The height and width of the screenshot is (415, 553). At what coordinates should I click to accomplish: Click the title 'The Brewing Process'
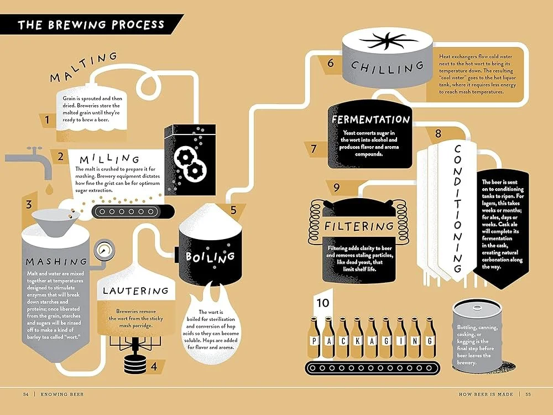pos(91,25)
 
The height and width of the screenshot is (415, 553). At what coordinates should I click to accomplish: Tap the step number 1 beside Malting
pos(48,119)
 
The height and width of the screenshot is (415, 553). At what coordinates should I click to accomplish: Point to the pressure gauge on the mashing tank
pos(102,250)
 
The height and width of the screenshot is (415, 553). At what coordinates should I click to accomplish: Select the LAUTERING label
pos(135,290)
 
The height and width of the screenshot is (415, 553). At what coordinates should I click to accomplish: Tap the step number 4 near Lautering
pos(154,366)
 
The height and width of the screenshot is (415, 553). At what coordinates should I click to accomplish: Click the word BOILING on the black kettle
pos(210,257)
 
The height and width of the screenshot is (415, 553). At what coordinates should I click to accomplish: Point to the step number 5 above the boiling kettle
pos(233,210)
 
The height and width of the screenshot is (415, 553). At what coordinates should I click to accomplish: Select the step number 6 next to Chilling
pos(330,63)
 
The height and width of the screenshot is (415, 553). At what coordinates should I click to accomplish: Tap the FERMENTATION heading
pos(371,120)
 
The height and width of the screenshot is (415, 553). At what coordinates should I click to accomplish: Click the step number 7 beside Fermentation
pos(313,148)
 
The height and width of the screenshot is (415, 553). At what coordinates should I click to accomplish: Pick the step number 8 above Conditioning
pos(438,133)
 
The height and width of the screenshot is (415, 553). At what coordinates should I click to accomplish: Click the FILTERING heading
pos(359,226)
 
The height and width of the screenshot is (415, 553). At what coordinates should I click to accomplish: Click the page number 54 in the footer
pos(25,395)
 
